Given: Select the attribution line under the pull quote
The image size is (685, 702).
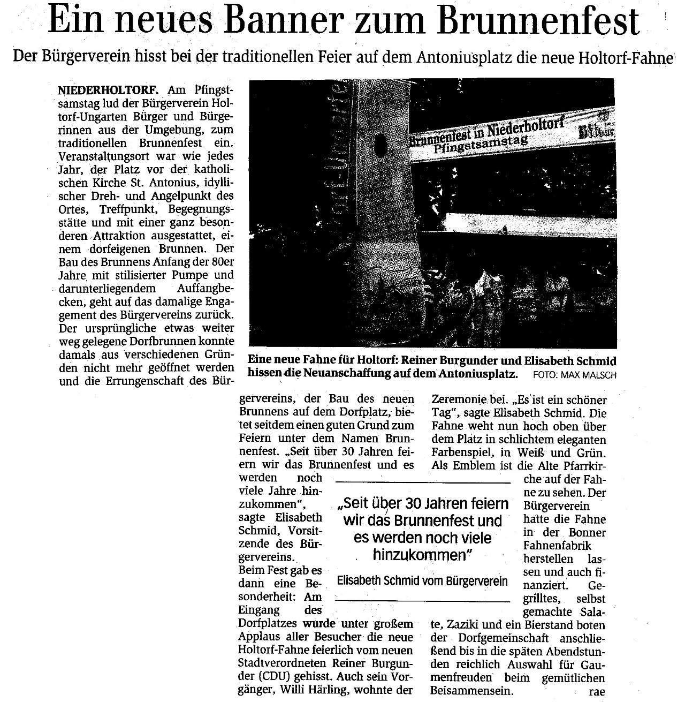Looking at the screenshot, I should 422,581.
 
